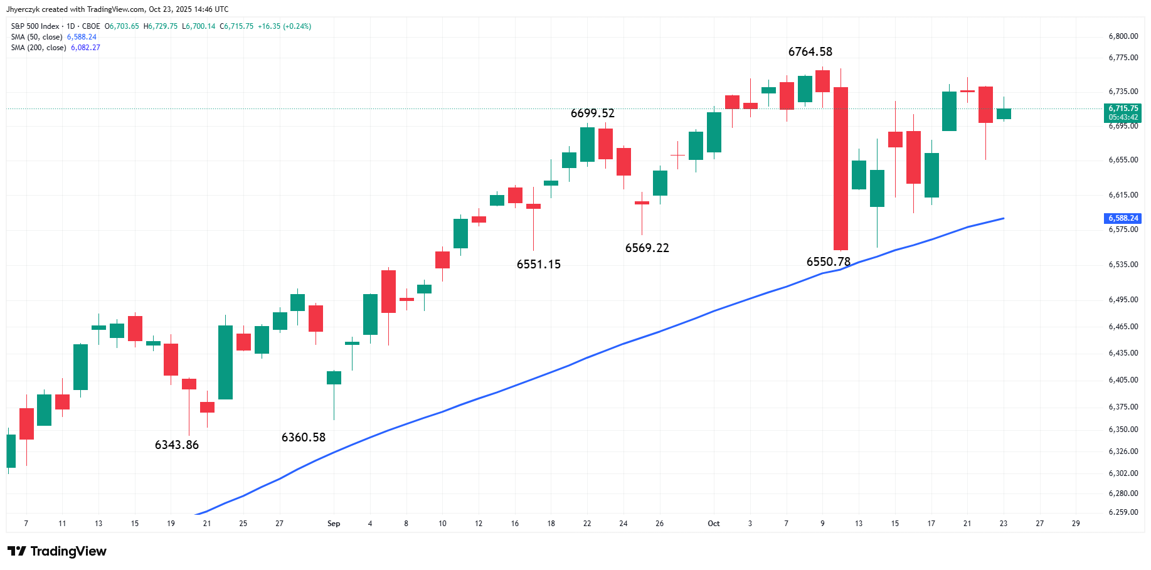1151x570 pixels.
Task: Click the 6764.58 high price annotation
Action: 810,52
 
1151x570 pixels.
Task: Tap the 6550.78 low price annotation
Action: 829,262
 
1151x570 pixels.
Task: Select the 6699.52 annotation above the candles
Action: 593,113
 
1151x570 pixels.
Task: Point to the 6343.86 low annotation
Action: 177,445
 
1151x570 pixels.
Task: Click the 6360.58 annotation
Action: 304,438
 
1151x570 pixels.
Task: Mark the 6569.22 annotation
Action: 647,248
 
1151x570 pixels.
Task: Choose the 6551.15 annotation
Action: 539,265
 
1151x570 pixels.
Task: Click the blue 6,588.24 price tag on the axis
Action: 1123,218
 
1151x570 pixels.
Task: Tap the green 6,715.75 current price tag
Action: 1123,113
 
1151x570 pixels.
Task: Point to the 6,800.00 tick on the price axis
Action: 1123,36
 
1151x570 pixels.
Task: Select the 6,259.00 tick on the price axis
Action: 1123,512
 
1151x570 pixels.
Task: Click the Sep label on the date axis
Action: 334,524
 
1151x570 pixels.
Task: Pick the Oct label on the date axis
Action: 714,524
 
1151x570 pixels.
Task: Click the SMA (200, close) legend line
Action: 56,48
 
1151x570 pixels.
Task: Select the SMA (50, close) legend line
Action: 54,37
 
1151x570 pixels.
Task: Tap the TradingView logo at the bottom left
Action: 57,551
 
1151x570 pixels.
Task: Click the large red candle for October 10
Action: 841,169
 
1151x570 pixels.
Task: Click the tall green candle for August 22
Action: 225,362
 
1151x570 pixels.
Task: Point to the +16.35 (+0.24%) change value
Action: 284,26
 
